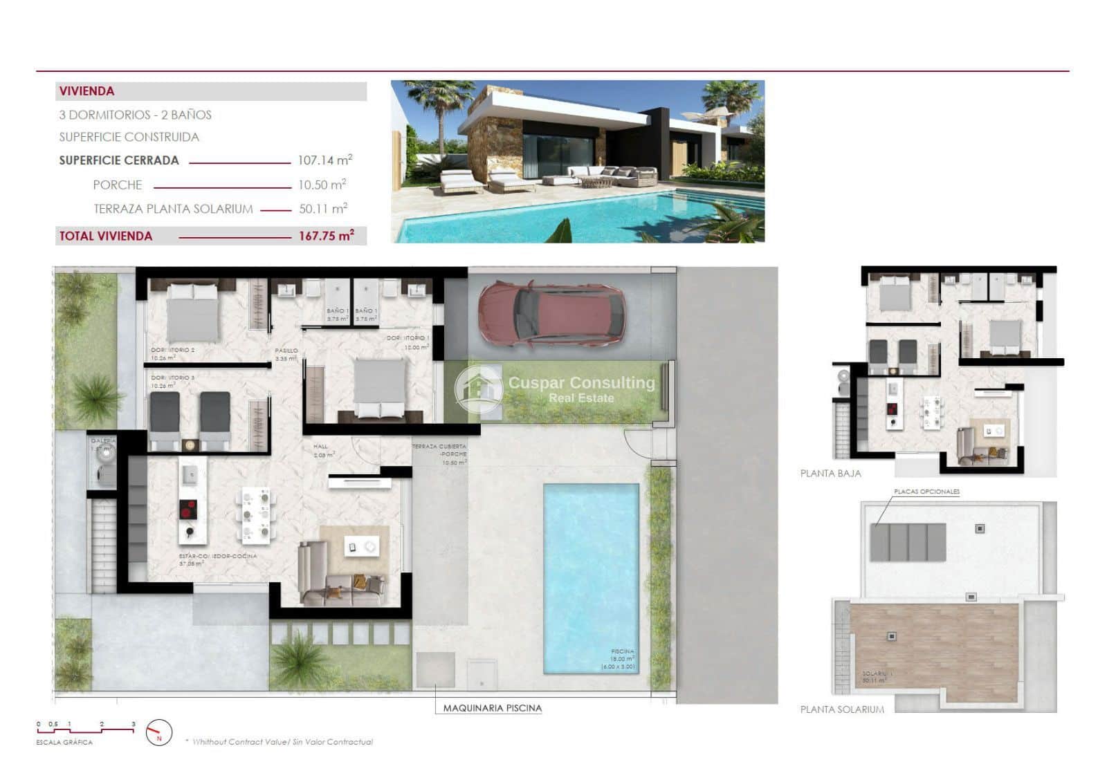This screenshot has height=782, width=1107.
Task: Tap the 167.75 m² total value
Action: click(326, 236)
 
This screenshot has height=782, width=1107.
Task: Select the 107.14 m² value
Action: click(324, 160)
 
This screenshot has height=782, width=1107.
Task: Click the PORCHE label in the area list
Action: click(118, 185)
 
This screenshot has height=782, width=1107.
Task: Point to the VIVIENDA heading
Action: click(87, 91)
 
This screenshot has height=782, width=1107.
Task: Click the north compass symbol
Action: click(159, 732)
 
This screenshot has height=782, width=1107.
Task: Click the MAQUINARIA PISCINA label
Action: click(492, 708)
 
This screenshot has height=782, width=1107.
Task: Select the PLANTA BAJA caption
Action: click(830, 474)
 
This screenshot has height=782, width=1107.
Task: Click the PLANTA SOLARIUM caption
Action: click(842, 709)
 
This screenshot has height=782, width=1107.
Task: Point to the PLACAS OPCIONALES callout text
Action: click(926, 492)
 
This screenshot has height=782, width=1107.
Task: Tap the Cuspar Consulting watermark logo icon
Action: click(479, 389)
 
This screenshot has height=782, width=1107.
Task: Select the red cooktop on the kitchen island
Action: click(187, 510)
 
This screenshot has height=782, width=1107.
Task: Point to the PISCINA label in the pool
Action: click(622, 651)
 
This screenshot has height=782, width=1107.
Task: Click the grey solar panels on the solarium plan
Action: click(908, 542)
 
